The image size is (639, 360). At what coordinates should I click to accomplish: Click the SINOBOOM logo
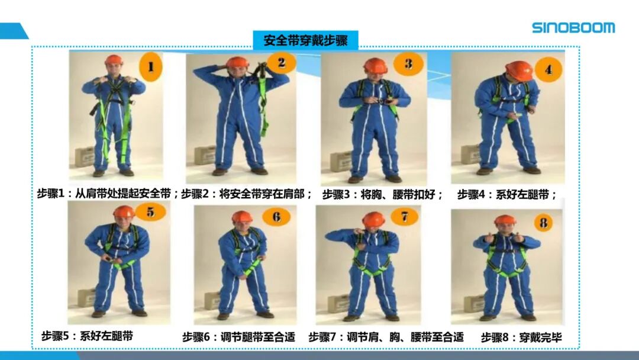click(x=573, y=28)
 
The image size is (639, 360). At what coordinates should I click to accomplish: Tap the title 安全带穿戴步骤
click(x=306, y=40)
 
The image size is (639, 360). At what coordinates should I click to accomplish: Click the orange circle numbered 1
click(x=151, y=67)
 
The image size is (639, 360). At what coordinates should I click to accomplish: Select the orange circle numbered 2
click(x=282, y=63)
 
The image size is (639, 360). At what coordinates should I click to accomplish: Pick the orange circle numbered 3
click(x=408, y=63)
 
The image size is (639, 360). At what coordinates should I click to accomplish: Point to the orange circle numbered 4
click(x=548, y=70)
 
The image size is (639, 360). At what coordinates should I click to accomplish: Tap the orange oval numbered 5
click(x=151, y=212)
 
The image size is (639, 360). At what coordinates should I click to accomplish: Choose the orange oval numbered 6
click(x=276, y=217)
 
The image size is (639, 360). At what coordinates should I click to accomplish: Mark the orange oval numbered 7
click(x=404, y=217)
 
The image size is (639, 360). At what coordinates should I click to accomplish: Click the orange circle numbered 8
click(x=544, y=223)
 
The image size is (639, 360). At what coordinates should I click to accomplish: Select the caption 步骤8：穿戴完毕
click(x=521, y=337)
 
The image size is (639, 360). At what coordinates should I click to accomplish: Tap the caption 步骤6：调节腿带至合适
click(x=238, y=337)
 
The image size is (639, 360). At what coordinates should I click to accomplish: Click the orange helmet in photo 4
click(x=519, y=71)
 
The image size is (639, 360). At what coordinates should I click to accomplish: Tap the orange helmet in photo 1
click(x=114, y=60)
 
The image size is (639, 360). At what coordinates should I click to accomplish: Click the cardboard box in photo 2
click(x=205, y=155)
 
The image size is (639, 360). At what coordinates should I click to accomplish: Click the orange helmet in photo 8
click(x=505, y=220)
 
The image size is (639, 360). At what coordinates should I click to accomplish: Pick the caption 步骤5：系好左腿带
click(x=87, y=336)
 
